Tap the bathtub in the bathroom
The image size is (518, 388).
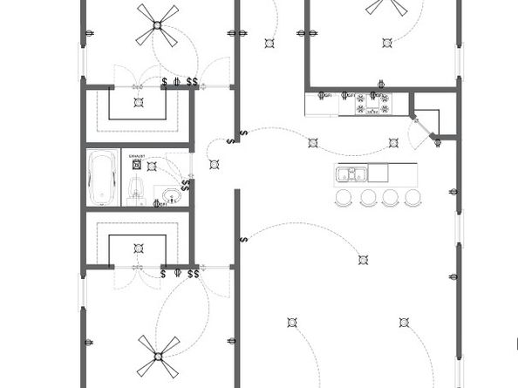[x=104, y=177]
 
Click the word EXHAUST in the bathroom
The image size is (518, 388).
[x=136, y=157]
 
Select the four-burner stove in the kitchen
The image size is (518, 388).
[x=372, y=104]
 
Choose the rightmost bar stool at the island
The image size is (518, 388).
[x=412, y=198]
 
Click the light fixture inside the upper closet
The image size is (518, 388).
[x=138, y=102]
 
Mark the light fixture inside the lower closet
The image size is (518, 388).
[x=137, y=247]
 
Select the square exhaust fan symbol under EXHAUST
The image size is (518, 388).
[x=136, y=163]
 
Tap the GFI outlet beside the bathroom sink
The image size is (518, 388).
[x=159, y=204]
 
